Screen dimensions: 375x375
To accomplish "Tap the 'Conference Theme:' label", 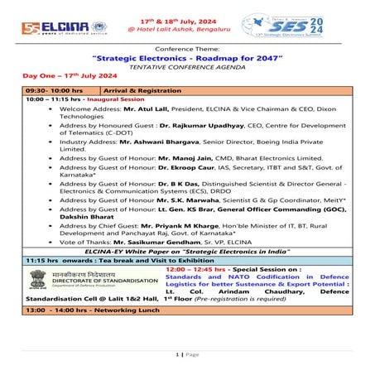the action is click(187, 50).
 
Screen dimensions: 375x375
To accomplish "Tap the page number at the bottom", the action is click(187, 353).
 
